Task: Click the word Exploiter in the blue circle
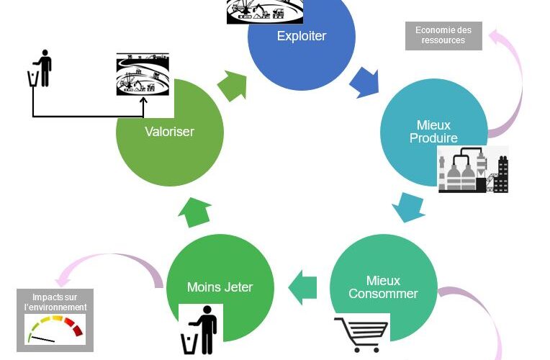point(301,36)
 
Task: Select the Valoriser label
point(169,132)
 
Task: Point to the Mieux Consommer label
point(383,287)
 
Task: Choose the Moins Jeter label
point(220,287)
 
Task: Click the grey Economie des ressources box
point(443,35)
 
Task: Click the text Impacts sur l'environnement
point(55,302)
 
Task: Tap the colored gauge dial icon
point(55,330)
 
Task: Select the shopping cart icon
point(361,334)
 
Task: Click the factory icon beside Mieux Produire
point(473,170)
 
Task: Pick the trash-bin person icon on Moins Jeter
point(200,330)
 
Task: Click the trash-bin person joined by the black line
point(40,69)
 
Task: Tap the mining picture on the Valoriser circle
point(143,75)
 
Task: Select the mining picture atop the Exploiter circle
point(265,12)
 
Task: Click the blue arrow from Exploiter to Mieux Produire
point(364,82)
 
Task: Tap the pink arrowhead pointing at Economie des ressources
point(497,37)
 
